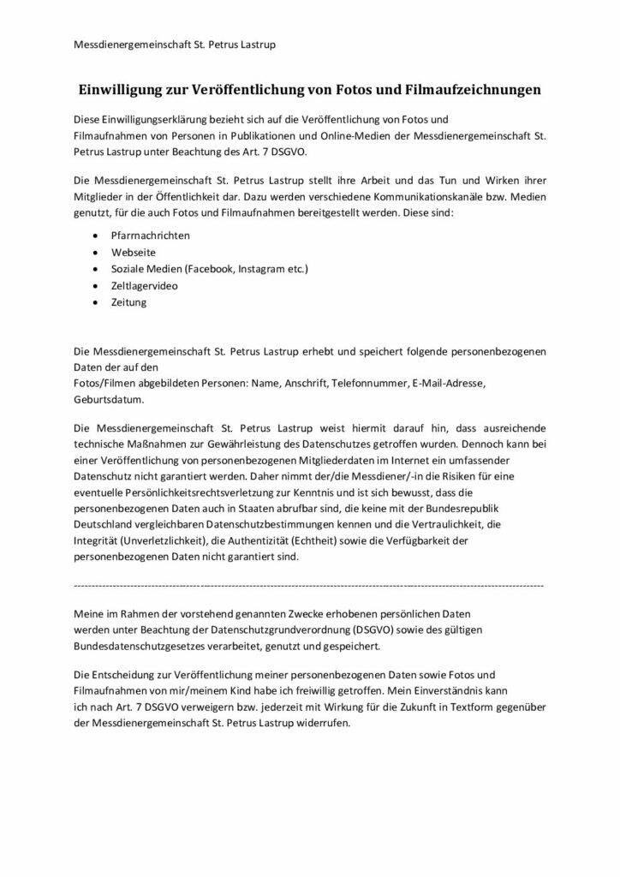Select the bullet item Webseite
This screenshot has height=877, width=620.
(x=134, y=252)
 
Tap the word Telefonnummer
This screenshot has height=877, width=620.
(x=367, y=382)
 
